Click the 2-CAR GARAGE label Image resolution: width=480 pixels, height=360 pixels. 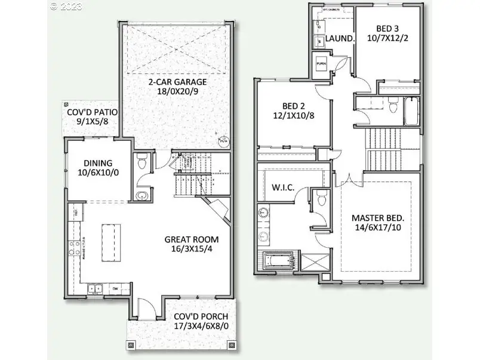(x=177, y=82)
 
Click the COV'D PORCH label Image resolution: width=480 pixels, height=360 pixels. (x=201, y=316)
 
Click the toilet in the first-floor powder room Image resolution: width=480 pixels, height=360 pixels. (x=142, y=162)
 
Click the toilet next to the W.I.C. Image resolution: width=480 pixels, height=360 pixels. (x=321, y=199)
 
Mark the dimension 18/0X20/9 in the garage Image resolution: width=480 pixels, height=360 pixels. (x=177, y=92)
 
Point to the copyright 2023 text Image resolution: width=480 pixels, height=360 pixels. (x=66, y=7)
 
